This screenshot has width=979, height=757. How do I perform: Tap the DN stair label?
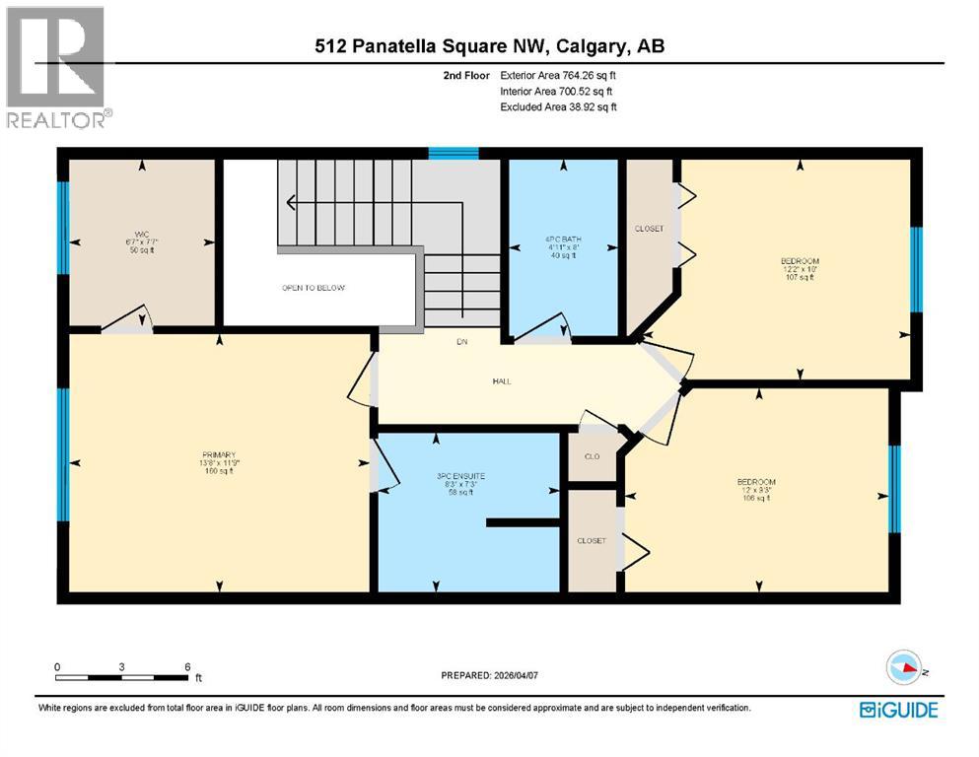460,342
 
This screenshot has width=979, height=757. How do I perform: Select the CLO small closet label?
592,457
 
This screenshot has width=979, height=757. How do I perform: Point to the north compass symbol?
904,667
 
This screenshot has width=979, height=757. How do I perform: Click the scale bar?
122,677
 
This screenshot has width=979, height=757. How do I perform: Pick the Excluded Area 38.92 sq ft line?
559,106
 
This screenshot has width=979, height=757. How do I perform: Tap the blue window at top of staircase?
454,153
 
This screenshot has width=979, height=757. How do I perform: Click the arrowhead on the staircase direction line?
291,203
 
